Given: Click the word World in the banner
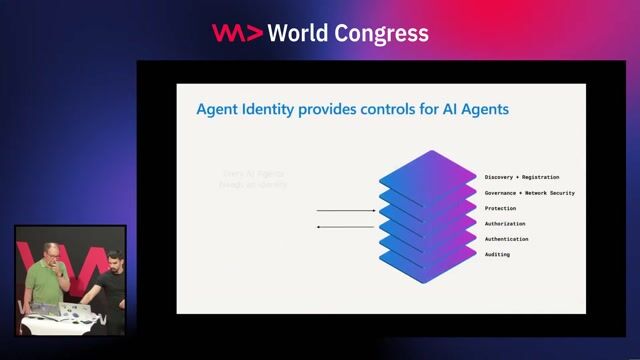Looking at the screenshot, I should point(302,33).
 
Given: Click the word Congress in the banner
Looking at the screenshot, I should point(385,33).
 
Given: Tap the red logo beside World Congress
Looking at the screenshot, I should point(236,33).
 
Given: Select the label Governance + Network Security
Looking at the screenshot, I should point(529,192).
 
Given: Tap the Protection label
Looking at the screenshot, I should point(500,208).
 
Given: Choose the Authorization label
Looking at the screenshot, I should point(505,224).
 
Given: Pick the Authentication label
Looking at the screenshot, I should point(507,239).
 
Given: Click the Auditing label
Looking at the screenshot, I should point(497,255).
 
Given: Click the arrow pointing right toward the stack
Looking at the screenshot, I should point(345,211).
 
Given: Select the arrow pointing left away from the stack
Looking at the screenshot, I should point(345,228).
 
